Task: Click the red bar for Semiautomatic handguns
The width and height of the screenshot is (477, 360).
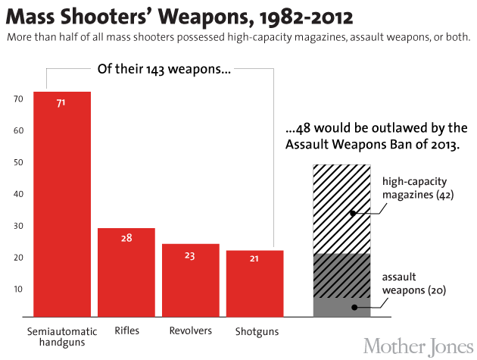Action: pyautogui.click(x=62, y=205)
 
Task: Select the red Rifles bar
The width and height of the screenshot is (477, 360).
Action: pyautogui.click(x=126, y=273)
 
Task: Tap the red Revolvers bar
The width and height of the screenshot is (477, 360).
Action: pyautogui.click(x=190, y=280)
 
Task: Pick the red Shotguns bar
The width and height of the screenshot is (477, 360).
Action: pyautogui.click(x=254, y=283)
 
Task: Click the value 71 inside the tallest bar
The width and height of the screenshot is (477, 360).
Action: pyautogui.click(x=62, y=102)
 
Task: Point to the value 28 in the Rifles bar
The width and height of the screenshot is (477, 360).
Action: pyautogui.click(x=126, y=238)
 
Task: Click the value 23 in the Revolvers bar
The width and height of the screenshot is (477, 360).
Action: pyautogui.click(x=190, y=255)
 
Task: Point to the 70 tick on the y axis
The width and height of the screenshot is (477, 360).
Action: pyautogui.click(x=17, y=99)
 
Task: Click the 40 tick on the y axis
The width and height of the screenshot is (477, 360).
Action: pyautogui.click(x=17, y=194)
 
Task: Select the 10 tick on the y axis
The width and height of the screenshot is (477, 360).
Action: pyautogui.click(x=17, y=290)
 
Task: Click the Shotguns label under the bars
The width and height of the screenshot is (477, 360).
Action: pyautogui.click(x=257, y=331)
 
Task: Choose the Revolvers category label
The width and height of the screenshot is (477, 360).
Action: pyautogui.click(x=190, y=331)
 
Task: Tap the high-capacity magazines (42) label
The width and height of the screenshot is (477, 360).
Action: pyautogui.click(x=414, y=189)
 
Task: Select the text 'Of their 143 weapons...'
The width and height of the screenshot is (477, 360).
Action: pyautogui.click(x=164, y=69)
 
